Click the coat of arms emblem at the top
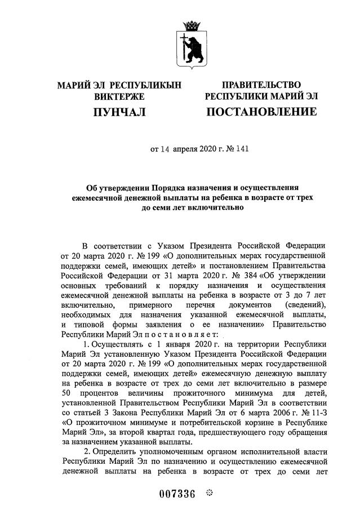pyautogui.click(x=192, y=39)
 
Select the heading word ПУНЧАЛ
pyautogui.click(x=119, y=112)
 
